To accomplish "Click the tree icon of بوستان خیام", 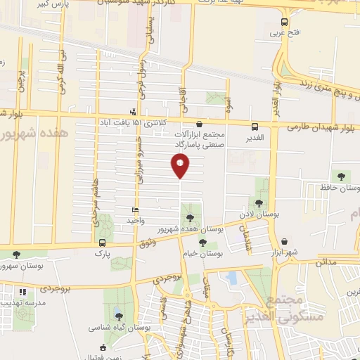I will point(203,243).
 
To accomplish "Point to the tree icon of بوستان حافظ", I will point(341,176).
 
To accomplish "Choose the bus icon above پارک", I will point(103,245).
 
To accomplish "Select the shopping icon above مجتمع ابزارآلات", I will point(199,124).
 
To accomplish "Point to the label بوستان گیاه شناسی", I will point(117,328).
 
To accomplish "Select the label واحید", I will point(135,220).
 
